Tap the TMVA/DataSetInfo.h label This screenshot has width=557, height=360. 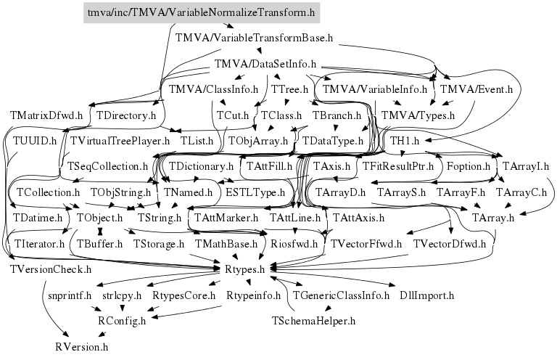268,64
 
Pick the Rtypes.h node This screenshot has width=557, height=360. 249,269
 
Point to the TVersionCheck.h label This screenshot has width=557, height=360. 51,269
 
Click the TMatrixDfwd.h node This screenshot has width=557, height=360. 46,115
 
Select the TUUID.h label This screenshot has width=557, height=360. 35,140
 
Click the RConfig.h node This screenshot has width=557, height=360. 122,320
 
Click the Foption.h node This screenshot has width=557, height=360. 469,166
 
